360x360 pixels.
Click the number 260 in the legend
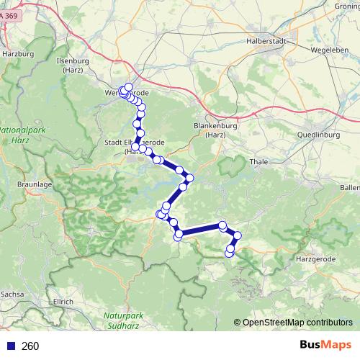pos(30,346)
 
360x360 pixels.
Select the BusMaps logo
pos(325,346)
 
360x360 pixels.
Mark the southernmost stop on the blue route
pos(230,253)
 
